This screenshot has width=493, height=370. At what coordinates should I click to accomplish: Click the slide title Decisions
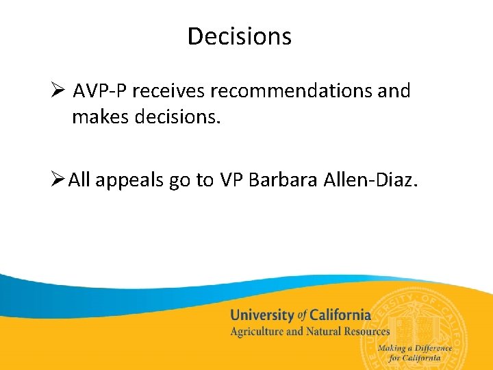(x=240, y=36)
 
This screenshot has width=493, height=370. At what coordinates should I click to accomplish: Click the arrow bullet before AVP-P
(x=58, y=90)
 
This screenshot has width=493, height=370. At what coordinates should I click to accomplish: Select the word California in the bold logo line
(x=340, y=316)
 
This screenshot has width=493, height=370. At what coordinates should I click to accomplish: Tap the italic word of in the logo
(x=302, y=316)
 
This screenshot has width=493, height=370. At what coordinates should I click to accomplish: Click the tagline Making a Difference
(x=415, y=348)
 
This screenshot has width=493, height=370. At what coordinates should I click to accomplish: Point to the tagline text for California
(x=415, y=358)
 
